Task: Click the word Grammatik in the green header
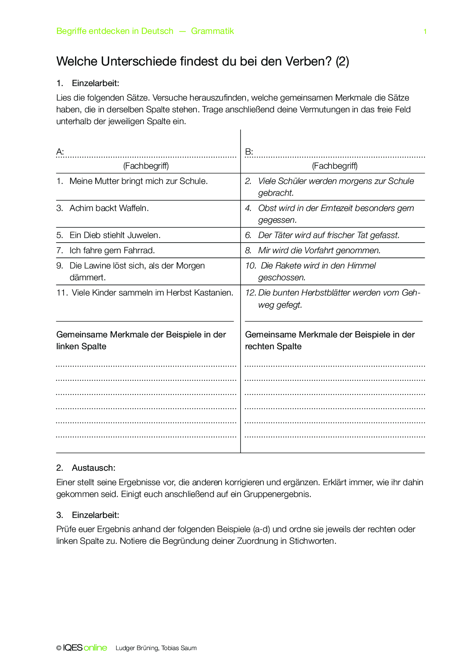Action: (212, 31)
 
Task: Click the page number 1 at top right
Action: (425, 32)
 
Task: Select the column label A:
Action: (60, 152)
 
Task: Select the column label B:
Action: (249, 152)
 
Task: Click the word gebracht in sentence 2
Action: (276, 193)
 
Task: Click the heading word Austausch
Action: (93, 468)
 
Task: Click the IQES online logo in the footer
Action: (85, 648)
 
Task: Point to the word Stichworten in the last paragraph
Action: (312, 541)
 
